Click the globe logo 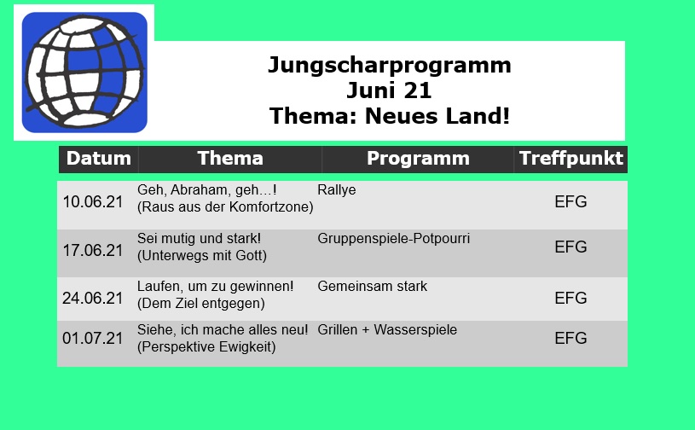[84, 73]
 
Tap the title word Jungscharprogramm [390, 66]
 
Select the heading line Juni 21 [389, 90]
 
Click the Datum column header [98, 158]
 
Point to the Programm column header [418, 159]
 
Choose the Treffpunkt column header [570, 158]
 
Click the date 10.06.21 [92, 201]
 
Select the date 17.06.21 [92, 251]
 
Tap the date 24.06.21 [92, 299]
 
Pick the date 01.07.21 [92, 338]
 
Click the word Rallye [337, 190]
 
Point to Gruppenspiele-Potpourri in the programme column [394, 239]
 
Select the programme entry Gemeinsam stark [373, 287]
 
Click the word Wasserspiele [415, 330]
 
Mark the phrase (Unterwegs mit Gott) [201, 256]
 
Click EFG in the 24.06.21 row [570, 299]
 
